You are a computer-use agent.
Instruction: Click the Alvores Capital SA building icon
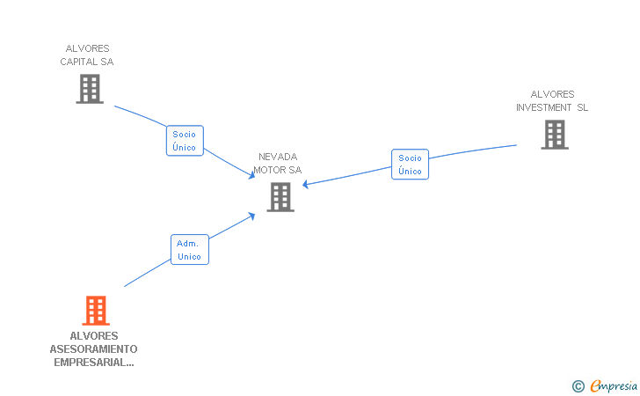click(x=90, y=89)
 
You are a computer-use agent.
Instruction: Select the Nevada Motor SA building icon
click(x=280, y=197)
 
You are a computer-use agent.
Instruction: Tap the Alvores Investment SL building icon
click(x=554, y=135)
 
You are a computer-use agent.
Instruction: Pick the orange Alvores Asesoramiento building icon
click(x=96, y=311)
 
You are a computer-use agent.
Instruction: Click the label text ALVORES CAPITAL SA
click(x=87, y=55)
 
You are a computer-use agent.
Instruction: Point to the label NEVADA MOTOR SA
click(x=278, y=163)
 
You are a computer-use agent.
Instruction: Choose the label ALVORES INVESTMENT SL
click(x=552, y=101)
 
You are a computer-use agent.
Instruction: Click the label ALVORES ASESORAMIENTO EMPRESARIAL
click(x=94, y=348)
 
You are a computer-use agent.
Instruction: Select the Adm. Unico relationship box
click(x=189, y=250)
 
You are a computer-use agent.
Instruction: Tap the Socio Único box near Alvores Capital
click(x=185, y=141)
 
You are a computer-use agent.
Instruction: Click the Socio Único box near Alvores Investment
click(x=410, y=165)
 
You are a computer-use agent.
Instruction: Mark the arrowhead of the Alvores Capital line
click(x=251, y=176)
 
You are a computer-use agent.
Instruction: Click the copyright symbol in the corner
click(x=578, y=385)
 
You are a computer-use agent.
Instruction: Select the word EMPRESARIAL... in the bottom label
click(x=94, y=362)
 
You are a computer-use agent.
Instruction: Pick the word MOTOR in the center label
click(x=268, y=170)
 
